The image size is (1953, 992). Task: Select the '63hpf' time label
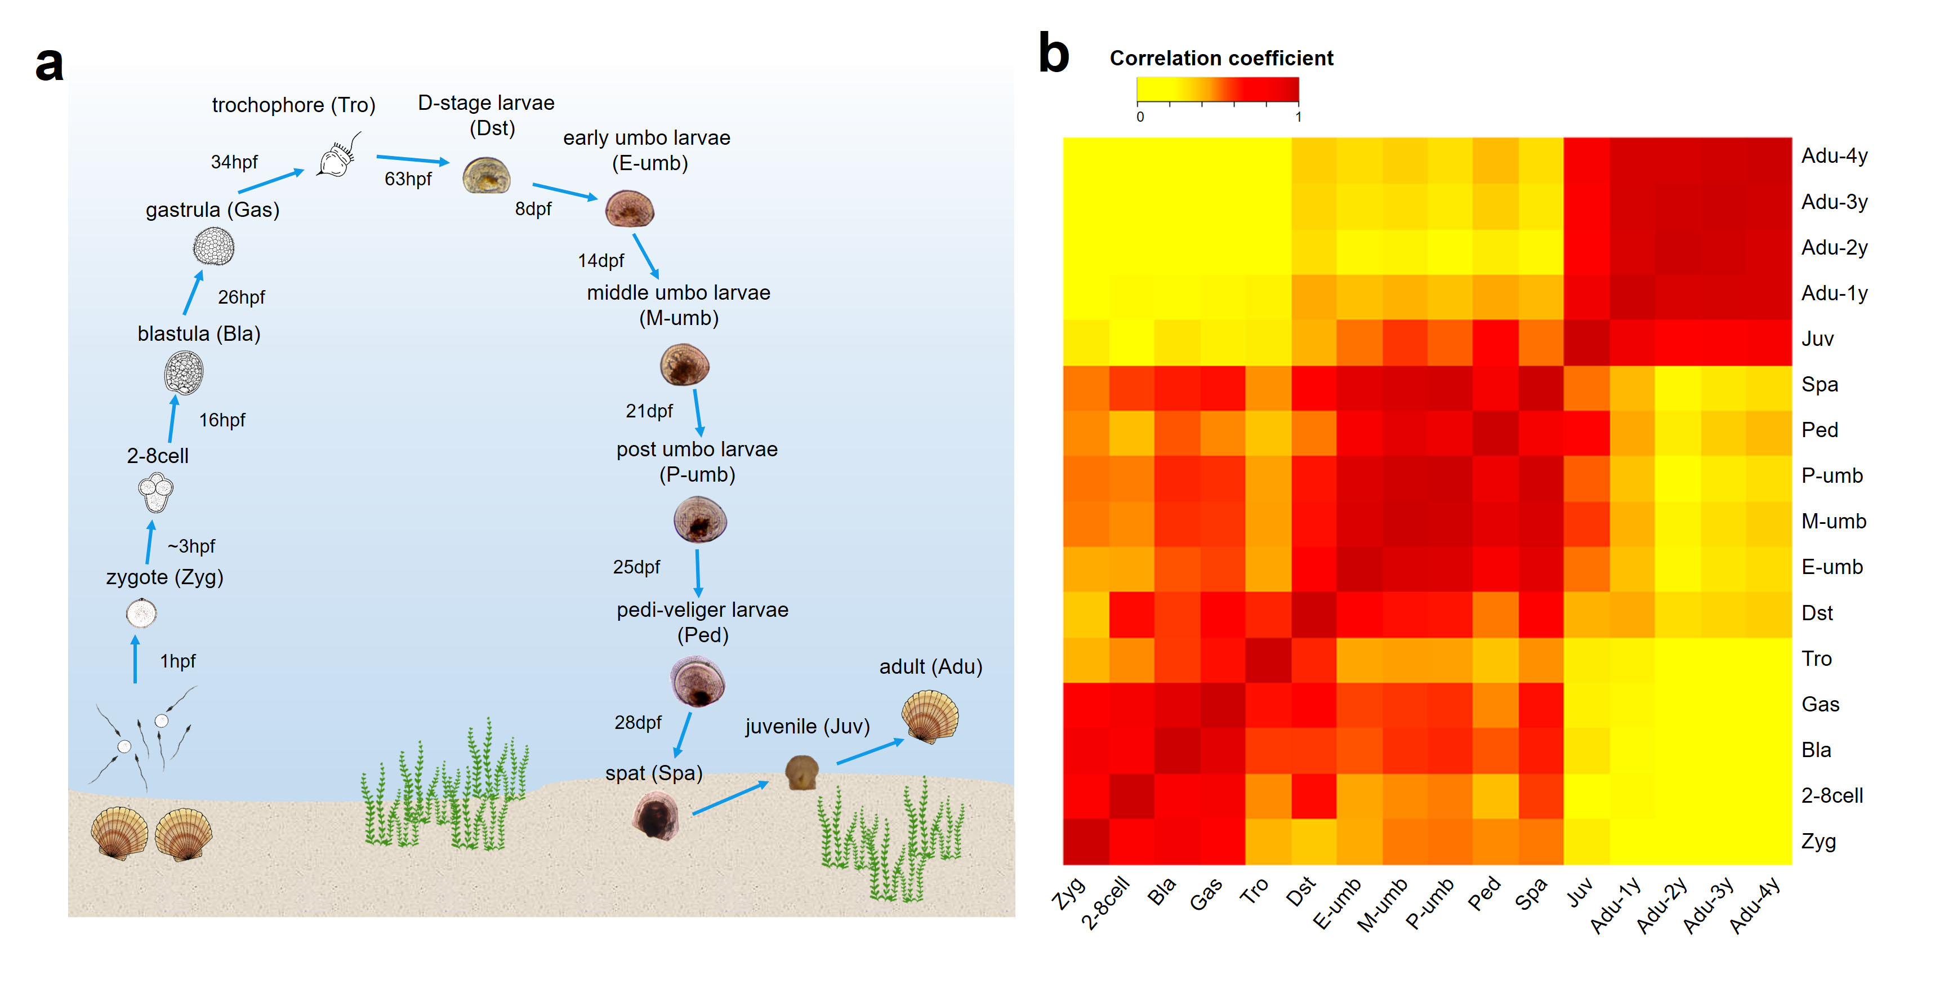[408, 179]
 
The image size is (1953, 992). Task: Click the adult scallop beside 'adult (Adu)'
[930, 717]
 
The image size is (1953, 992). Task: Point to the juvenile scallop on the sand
[801, 772]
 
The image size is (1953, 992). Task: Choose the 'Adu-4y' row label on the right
[1834, 156]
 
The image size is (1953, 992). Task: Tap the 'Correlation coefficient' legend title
[1221, 59]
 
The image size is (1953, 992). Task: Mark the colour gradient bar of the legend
[1217, 90]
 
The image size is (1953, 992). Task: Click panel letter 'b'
[1053, 55]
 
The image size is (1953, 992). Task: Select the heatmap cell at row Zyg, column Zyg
[1086, 842]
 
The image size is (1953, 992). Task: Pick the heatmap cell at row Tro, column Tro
[1268, 660]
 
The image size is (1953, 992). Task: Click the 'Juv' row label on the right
[1817, 339]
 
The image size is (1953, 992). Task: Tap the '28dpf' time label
[637, 723]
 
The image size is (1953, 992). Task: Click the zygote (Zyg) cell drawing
[141, 613]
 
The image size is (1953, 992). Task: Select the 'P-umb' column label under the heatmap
[1430, 903]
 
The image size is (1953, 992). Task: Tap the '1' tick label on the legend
[1298, 117]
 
